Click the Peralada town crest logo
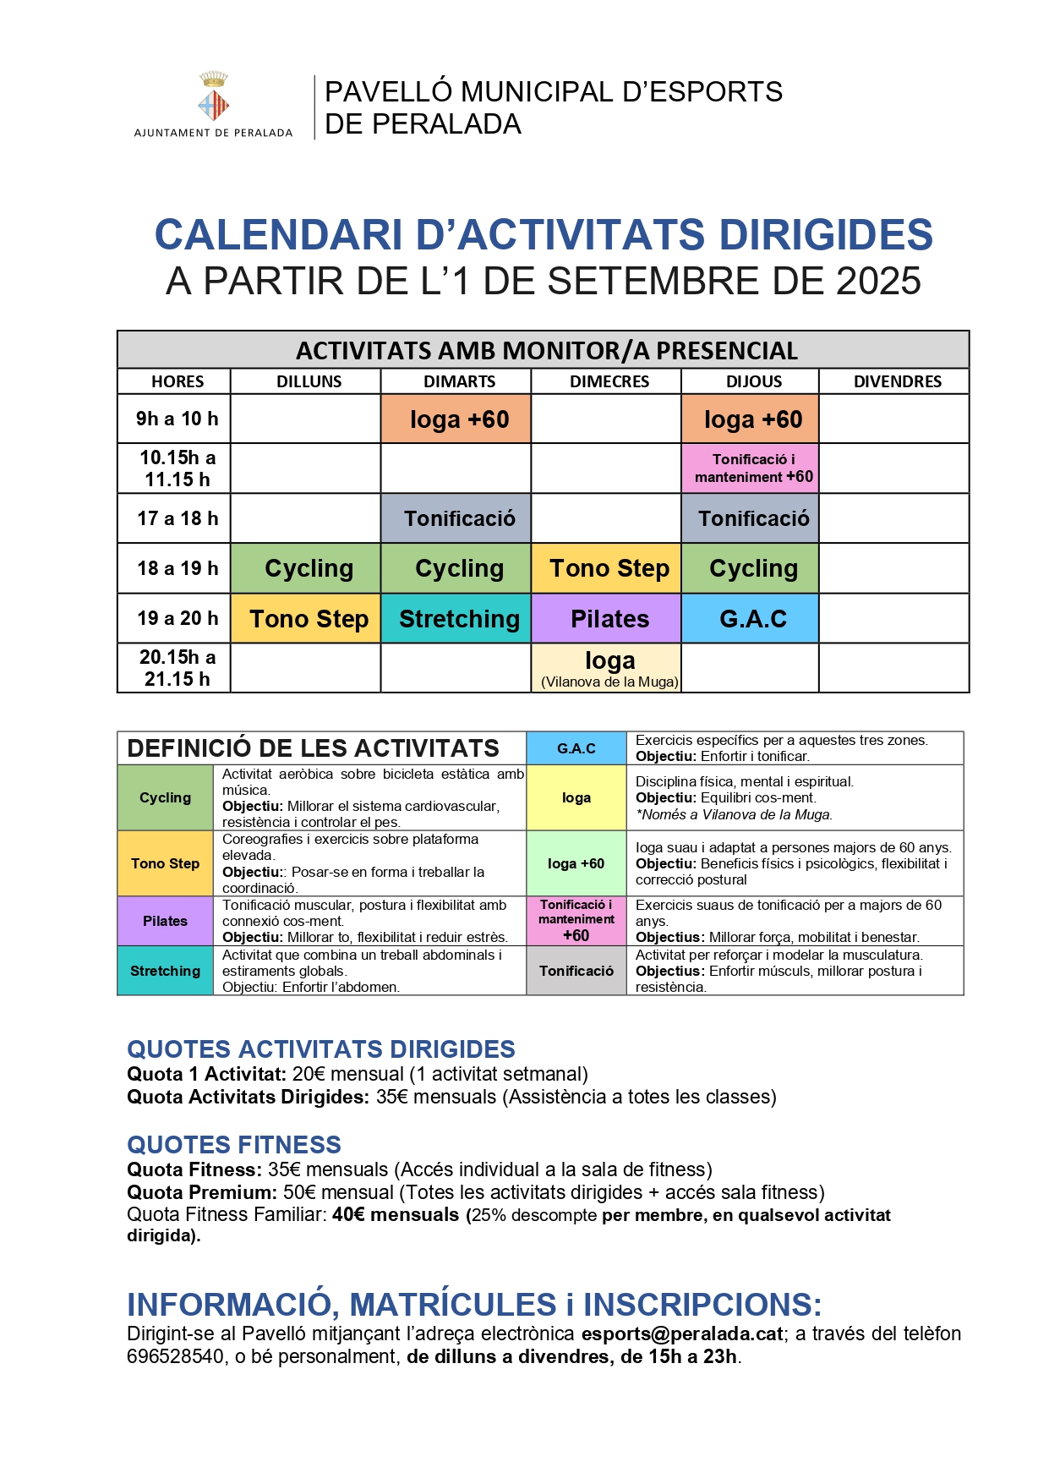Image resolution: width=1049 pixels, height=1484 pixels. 213,98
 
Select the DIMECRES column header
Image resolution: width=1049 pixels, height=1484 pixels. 609,381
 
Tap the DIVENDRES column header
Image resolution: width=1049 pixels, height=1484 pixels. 897,381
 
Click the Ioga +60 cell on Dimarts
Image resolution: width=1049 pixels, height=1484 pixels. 459,419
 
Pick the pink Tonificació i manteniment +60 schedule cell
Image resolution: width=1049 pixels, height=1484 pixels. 753,468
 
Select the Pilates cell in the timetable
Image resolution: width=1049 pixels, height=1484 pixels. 609,619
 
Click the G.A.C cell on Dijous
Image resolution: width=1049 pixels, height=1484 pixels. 752,619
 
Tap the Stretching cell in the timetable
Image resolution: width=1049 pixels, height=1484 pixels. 459,619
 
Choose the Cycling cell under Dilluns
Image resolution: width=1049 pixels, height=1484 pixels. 309,569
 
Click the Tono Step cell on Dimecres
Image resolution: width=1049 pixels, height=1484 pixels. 609,569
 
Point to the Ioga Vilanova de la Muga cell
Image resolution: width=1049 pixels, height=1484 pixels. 609,668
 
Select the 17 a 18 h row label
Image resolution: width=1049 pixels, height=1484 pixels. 178,518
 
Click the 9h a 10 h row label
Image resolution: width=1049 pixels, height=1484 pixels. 178,419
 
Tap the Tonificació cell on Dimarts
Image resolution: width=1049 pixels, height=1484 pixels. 459,518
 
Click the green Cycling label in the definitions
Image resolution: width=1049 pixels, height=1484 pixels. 165,797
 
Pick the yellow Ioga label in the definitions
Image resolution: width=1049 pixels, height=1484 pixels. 576,797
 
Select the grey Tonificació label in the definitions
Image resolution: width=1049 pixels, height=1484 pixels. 576,971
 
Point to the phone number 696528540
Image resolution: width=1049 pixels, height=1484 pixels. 175,1357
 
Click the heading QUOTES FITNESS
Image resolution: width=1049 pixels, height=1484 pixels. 234,1145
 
